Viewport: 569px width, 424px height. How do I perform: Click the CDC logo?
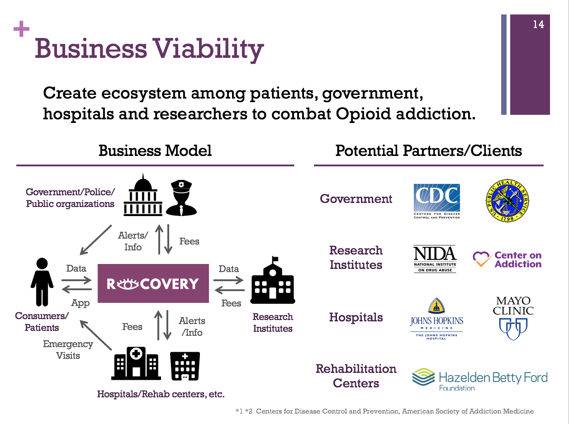tap(437, 201)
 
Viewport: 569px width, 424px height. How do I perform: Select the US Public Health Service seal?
tap(507, 200)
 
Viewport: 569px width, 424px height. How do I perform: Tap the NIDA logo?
tap(435, 259)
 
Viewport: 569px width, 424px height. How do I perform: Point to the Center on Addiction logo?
tap(507, 259)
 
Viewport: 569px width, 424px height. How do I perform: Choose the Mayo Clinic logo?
tap(513, 318)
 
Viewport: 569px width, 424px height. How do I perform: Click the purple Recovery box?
tap(153, 283)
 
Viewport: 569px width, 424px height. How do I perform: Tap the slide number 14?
tap(538, 25)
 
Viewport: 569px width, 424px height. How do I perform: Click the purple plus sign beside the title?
tap(21, 30)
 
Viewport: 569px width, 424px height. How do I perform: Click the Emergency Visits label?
tap(68, 350)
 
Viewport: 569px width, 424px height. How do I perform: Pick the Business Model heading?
tap(155, 151)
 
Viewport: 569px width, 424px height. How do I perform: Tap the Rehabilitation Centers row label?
tap(356, 376)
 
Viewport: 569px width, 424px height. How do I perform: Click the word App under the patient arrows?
tap(80, 303)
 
